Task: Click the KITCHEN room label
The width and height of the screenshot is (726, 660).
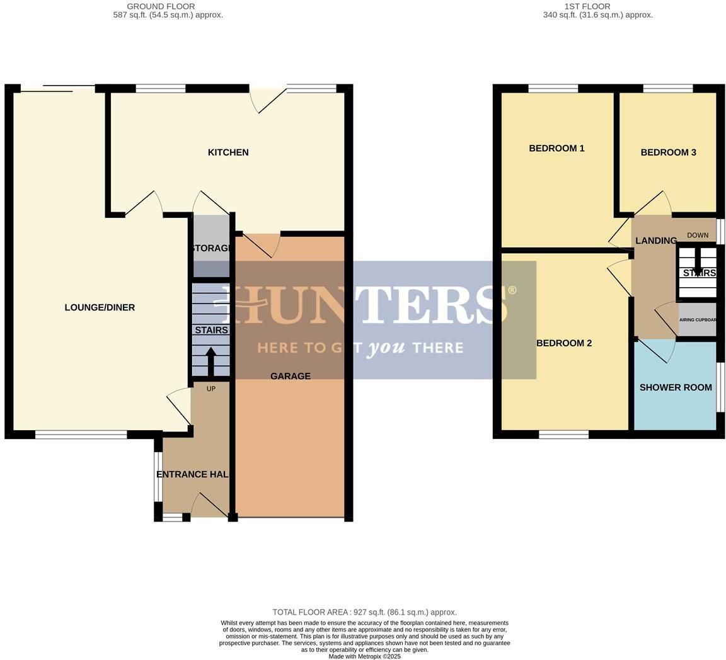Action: coord(228,152)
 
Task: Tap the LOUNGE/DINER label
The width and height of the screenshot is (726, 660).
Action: coord(100,307)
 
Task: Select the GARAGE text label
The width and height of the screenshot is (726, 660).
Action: coord(291,376)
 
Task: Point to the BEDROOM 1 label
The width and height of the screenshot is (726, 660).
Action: coord(556,149)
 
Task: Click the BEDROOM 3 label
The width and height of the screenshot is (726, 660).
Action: coord(668,152)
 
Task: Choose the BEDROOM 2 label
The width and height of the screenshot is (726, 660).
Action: coord(564,343)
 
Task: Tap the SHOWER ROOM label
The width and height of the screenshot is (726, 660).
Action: coord(676,387)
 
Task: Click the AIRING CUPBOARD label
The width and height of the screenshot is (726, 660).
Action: coord(698,320)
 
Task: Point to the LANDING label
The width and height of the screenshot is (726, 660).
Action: coord(655,241)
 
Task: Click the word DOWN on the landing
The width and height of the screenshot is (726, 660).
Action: coord(698,236)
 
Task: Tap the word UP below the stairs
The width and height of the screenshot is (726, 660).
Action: coord(211,389)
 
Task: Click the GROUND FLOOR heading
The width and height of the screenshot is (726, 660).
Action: coord(161,6)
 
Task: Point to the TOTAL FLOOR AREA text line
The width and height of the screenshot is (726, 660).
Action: coord(364,612)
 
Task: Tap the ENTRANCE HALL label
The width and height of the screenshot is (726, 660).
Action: coord(192,474)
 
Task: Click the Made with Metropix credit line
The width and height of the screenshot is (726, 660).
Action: coord(364,656)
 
